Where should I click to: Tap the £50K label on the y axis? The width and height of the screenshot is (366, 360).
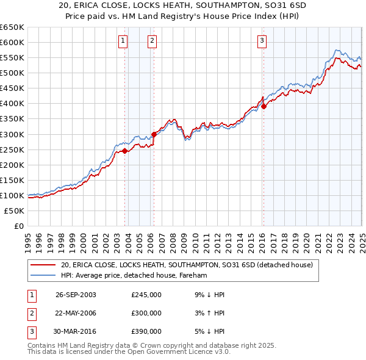(x=14, y=211)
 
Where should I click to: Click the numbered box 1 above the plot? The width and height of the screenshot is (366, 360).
(x=123, y=41)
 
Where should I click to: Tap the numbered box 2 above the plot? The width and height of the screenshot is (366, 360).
(x=151, y=41)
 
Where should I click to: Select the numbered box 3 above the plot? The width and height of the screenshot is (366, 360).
(x=262, y=41)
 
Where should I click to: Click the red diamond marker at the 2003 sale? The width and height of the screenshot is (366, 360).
(x=124, y=151)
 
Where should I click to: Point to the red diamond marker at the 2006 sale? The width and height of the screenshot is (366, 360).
(x=154, y=134)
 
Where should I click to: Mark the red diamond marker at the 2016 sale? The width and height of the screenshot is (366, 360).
(x=264, y=106)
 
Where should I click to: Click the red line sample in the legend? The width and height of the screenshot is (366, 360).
(x=43, y=265)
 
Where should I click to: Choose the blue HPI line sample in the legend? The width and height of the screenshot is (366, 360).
(x=43, y=276)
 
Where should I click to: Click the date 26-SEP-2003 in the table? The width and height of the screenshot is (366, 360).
(x=76, y=295)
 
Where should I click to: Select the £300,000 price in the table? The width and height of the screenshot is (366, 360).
(x=146, y=313)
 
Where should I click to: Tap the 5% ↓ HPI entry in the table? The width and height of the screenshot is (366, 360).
(x=211, y=331)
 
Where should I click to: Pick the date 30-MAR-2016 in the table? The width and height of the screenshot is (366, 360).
(x=76, y=331)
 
